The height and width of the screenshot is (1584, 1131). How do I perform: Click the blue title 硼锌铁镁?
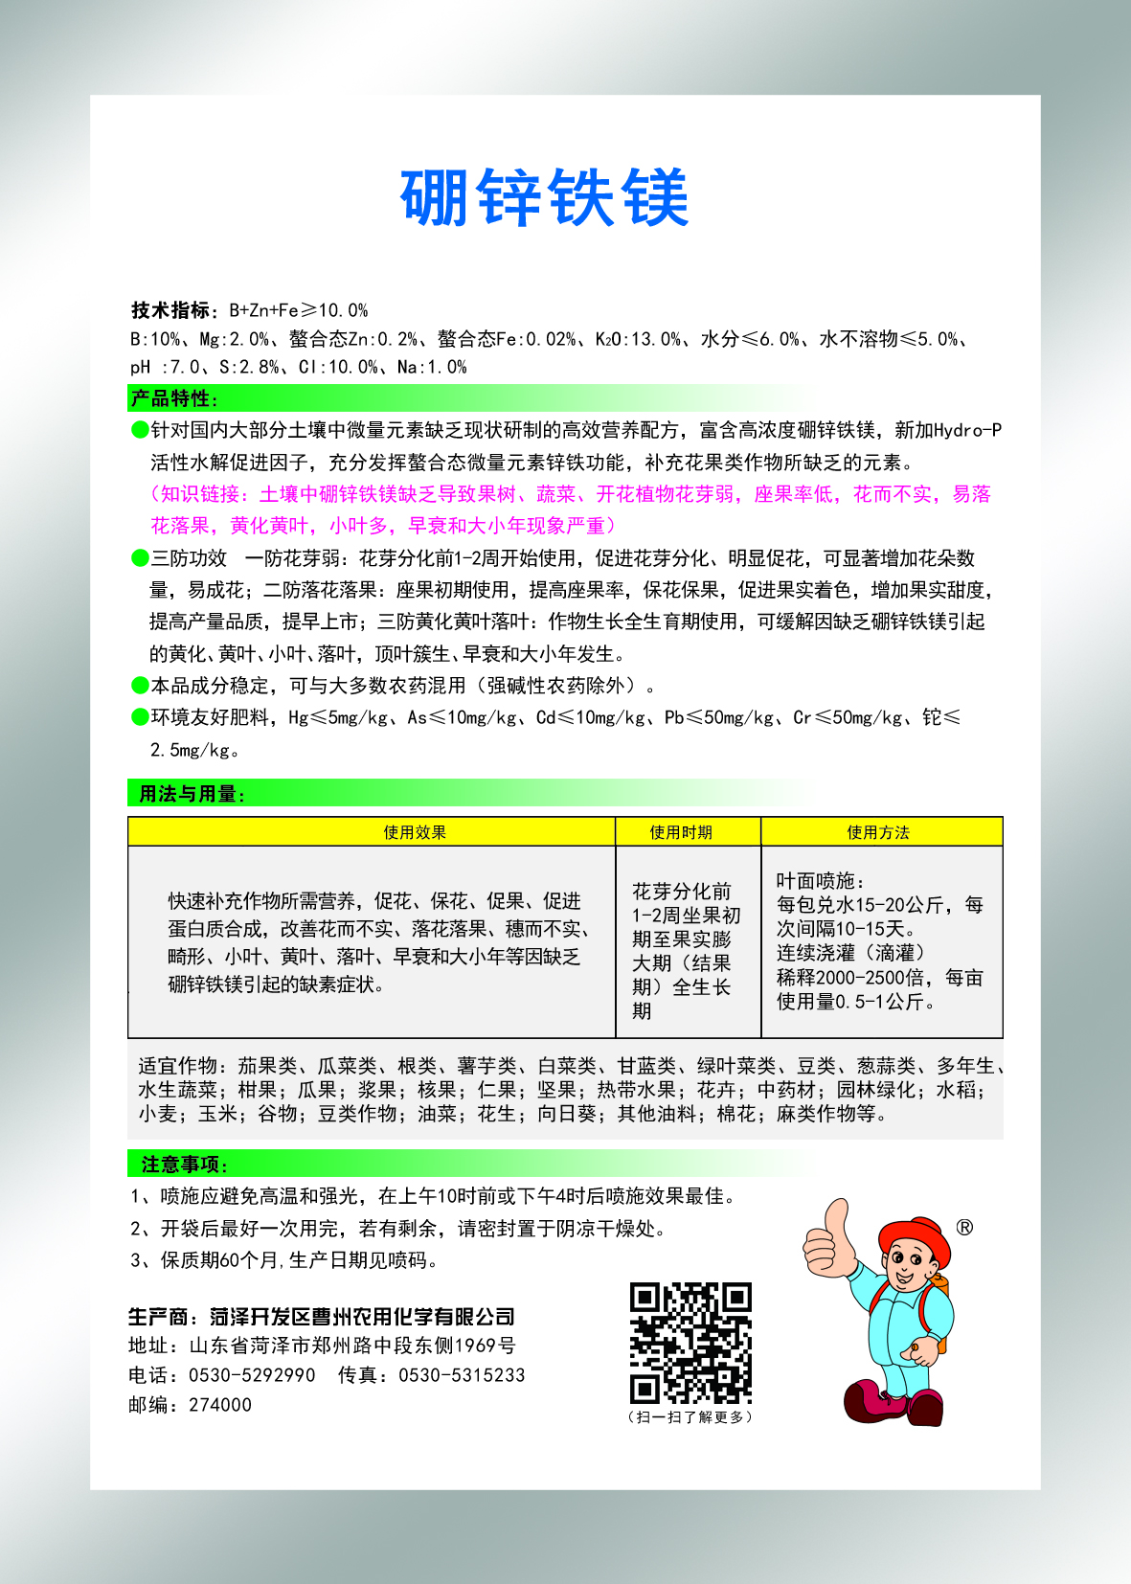click(545, 198)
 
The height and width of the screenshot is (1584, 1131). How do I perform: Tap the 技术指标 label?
click(170, 310)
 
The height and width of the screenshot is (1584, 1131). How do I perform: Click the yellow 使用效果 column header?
click(415, 832)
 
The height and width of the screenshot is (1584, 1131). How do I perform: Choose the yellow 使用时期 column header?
click(681, 832)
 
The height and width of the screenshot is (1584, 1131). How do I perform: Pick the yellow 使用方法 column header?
click(878, 832)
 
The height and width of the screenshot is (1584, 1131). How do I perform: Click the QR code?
click(690, 1343)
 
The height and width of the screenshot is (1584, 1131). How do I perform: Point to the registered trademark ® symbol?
click(964, 1228)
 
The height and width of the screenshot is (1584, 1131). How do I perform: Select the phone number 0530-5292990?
click(252, 1375)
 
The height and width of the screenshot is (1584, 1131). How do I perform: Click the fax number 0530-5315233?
click(462, 1375)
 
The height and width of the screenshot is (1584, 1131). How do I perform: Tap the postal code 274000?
click(220, 1405)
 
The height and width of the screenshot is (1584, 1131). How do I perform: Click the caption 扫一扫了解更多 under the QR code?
click(690, 1417)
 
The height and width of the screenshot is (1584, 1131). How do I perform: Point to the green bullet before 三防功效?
click(140, 558)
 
